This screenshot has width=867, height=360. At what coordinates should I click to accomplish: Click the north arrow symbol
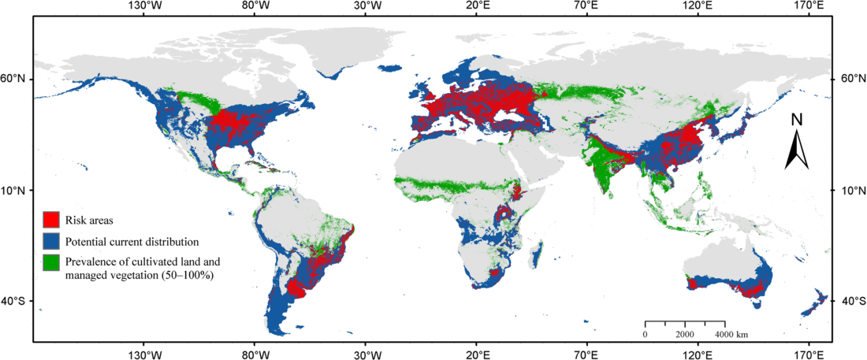[797, 150]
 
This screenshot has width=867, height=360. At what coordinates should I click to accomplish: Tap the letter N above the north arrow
[797, 120]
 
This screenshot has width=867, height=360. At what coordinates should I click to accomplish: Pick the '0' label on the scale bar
[646, 335]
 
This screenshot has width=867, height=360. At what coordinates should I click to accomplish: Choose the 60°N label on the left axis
[16, 79]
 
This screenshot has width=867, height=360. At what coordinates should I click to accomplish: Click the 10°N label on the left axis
[16, 191]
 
